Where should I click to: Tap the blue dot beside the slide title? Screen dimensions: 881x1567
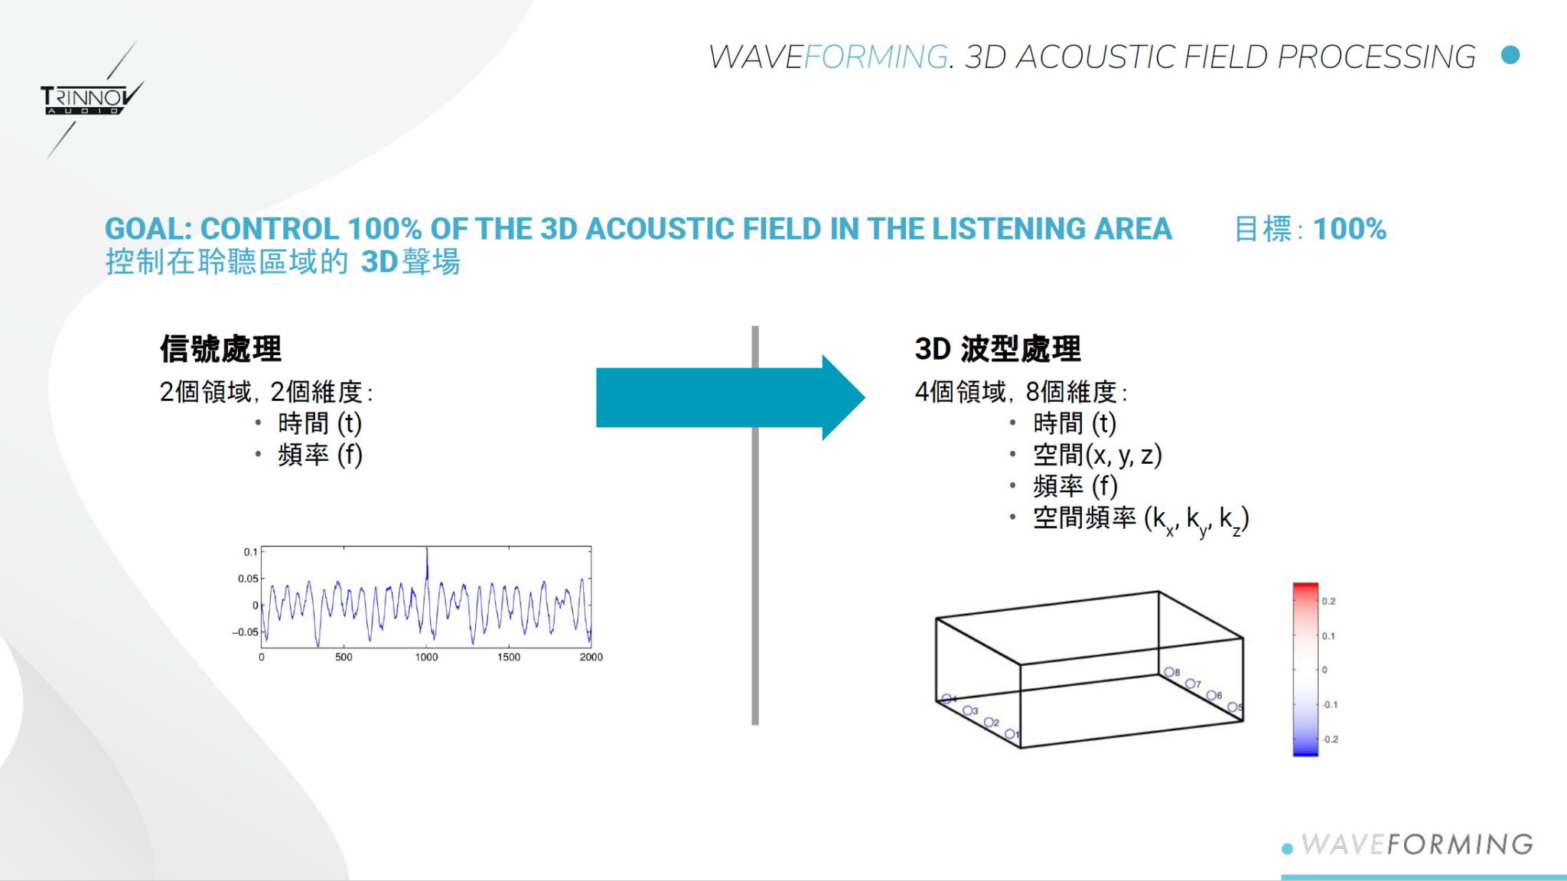(1510, 55)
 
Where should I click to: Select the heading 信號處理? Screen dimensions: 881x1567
(220, 349)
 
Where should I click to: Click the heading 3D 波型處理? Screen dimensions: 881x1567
(998, 349)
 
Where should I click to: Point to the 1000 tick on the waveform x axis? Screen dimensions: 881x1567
(426, 657)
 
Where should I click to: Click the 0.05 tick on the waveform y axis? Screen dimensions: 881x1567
(248, 579)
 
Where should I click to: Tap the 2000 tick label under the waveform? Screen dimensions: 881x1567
(591, 657)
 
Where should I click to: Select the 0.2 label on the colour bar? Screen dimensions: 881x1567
(1328, 601)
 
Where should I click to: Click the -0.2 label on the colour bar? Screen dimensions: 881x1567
(1330, 739)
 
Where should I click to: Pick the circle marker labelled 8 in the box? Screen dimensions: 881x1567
(1168, 672)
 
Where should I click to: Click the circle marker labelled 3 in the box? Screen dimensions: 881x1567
(967, 710)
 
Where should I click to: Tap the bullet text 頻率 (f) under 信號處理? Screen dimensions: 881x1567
(319, 455)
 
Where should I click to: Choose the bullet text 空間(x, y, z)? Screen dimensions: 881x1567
(1096, 455)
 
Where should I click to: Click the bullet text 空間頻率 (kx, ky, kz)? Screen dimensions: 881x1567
(1140, 518)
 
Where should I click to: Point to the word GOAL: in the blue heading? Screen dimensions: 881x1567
(148, 229)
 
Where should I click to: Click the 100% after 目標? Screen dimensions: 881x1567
(1349, 229)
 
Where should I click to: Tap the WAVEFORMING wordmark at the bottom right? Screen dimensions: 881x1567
(1417, 844)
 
